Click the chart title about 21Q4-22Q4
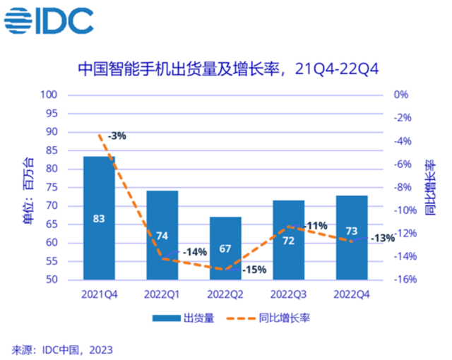[227, 69]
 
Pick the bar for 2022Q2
[225, 248]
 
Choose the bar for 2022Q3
[288, 240]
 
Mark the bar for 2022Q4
[351, 237]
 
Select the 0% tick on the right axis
[400, 95]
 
